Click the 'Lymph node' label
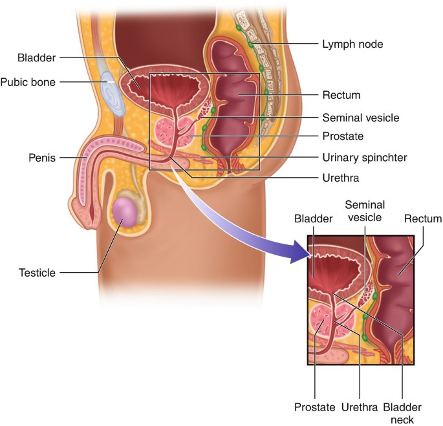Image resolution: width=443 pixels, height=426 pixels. coord(352,45)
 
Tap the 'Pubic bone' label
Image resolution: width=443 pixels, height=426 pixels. coord(28,82)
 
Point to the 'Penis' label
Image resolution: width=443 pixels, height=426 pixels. coord(41,156)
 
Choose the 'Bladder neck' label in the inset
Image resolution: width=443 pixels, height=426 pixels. coord(402,413)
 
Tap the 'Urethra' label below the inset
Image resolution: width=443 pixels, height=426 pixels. coord(358,407)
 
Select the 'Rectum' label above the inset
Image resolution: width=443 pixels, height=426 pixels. coord(423,219)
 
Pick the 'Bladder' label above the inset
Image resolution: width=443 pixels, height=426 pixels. coord(313,219)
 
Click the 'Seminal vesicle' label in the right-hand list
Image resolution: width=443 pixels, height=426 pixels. coord(360,118)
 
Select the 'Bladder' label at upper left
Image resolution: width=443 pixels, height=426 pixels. coord(38,58)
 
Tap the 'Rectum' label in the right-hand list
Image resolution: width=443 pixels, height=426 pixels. coord(341,95)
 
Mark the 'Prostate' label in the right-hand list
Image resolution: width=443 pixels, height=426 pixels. coord(343,136)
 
